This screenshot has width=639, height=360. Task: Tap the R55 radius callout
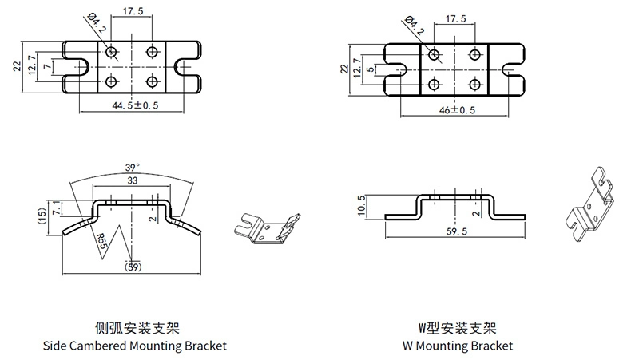click(x=101, y=240)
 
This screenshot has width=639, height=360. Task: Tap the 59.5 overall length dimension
click(x=455, y=230)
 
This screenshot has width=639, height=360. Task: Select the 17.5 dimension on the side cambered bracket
click(x=132, y=12)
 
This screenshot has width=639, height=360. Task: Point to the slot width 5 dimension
click(x=371, y=69)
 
